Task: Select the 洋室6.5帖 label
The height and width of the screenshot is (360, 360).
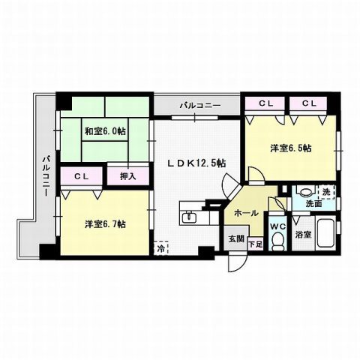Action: pos(291,148)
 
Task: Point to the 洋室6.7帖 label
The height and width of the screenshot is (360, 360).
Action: pos(105,224)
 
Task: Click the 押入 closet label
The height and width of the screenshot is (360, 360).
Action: pos(128,177)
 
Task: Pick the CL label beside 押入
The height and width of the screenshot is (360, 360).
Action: pos(82,177)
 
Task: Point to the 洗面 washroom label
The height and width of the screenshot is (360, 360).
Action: pos(314,203)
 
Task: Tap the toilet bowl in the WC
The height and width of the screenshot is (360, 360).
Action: pos(276,241)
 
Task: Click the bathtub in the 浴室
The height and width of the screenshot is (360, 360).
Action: pos(325,232)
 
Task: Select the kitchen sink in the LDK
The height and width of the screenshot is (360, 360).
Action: pos(190,219)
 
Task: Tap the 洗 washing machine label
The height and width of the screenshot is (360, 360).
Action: pos(325,190)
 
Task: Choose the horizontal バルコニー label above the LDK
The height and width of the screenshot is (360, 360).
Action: pos(199,105)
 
